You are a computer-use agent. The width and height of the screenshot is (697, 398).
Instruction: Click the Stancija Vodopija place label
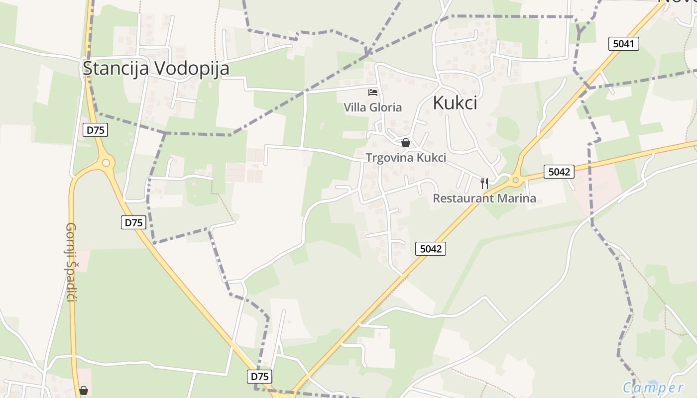[x=156, y=69]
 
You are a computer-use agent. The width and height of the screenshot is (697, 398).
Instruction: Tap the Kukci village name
[x=455, y=102]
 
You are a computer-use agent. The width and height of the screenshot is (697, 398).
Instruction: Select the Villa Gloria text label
[x=372, y=107]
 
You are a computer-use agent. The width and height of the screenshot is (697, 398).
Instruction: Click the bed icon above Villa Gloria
[x=372, y=92]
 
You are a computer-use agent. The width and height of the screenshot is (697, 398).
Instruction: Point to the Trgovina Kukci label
[x=406, y=158]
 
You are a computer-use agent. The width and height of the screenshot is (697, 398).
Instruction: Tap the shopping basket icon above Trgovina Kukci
[x=406, y=143]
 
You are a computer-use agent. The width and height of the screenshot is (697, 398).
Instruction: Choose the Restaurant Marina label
[x=484, y=199]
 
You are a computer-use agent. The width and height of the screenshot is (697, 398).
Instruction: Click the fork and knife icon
[x=484, y=183]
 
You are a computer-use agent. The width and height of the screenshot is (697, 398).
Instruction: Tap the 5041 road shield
[x=623, y=44]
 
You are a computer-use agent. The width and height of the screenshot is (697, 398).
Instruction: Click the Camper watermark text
[x=653, y=388]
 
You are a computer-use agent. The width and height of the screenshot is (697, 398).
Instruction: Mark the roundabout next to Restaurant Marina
[x=515, y=180]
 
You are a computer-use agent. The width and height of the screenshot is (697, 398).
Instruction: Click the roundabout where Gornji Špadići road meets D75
[x=106, y=162]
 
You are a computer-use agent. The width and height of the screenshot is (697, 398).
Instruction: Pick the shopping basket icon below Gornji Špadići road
[x=84, y=391]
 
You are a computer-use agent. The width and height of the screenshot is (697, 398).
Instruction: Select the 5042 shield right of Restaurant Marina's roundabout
[x=559, y=172]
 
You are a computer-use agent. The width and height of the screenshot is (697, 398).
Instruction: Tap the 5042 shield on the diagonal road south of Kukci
[x=430, y=249]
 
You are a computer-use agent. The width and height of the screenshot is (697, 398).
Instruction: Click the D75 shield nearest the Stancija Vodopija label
[x=95, y=130]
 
